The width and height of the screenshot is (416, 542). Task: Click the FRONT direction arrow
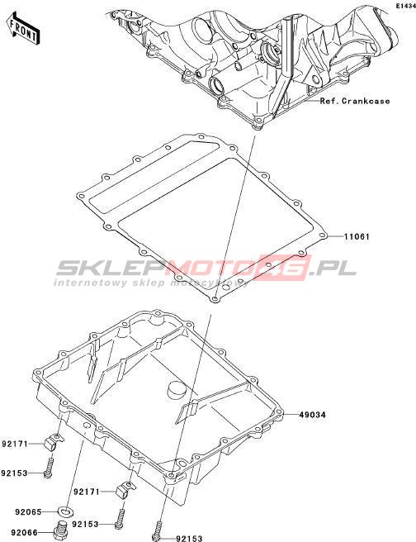click(x=23, y=28)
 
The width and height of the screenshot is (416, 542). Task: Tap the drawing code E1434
click(x=405, y=6)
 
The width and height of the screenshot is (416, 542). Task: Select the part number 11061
click(x=357, y=237)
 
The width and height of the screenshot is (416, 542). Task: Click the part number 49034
click(x=313, y=415)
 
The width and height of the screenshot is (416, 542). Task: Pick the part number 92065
click(x=28, y=511)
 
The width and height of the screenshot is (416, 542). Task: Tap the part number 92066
click(x=24, y=533)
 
